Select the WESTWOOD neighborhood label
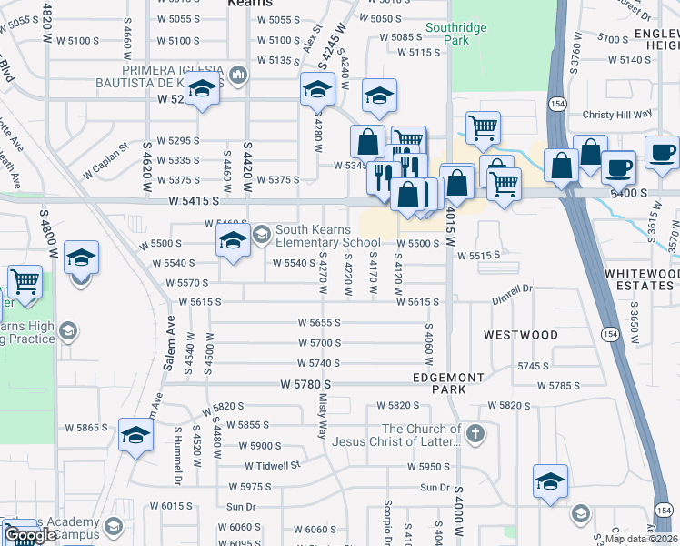coord(521,335)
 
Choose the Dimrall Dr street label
coord(512,288)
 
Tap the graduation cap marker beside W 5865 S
coord(135,437)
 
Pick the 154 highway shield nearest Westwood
coord(606,335)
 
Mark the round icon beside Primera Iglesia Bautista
coord(238,74)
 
